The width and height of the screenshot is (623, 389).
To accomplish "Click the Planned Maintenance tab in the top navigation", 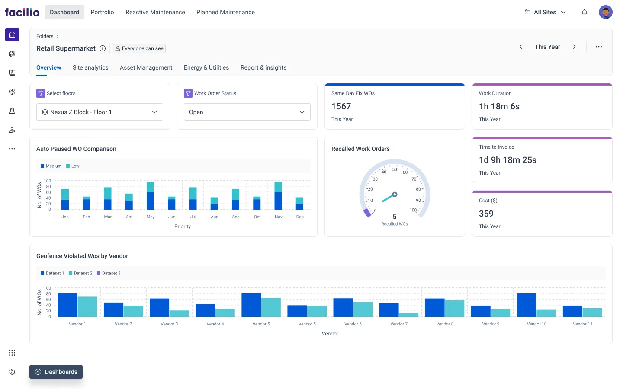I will point(225,12).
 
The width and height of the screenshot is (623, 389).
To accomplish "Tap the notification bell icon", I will point(584,12).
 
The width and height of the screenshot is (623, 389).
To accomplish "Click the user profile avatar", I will point(605,12).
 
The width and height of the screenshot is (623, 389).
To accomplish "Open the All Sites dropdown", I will point(545,12).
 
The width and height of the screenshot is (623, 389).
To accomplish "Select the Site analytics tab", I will point(90,67).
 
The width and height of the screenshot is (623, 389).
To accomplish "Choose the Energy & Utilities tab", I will point(206,67).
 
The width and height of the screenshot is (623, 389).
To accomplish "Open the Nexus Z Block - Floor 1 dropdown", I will point(100,112).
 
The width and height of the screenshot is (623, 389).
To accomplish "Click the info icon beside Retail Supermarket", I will point(103,48).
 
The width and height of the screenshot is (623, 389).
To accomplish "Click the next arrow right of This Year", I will point(574,47).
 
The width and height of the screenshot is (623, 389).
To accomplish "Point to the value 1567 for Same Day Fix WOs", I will point(341,106).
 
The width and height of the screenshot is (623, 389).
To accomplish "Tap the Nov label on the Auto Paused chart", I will point(279,217).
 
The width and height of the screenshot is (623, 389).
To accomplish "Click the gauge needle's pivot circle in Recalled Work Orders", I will point(395,194).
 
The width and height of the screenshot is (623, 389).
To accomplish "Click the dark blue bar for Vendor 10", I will point(527,305).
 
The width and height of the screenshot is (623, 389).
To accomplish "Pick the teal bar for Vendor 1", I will point(87,306).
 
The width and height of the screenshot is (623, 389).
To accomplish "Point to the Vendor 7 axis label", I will point(398,324).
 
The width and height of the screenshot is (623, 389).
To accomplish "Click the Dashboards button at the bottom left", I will point(56,372).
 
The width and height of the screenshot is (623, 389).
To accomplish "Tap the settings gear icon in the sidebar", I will point(12,372).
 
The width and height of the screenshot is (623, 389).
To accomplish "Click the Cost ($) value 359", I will point(486,214).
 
